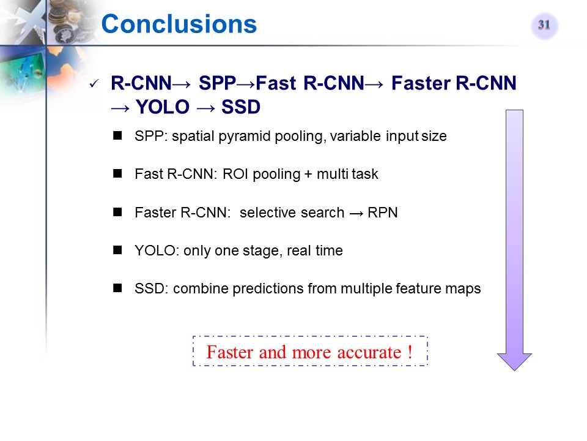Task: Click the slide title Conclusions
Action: [x=179, y=24]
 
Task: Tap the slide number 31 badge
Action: [x=544, y=25]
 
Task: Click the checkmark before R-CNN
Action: [x=94, y=84]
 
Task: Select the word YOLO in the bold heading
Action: [x=163, y=107]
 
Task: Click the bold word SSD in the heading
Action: [x=241, y=107]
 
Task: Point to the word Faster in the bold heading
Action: [x=421, y=83]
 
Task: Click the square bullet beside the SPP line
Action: [x=117, y=135]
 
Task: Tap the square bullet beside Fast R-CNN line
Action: [x=117, y=173]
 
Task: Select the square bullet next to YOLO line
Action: [x=117, y=250]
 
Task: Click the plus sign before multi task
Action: [x=308, y=175]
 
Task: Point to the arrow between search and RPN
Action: [x=356, y=213]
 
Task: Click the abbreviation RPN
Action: [x=383, y=213]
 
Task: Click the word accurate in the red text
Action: [x=369, y=353]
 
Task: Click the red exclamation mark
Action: [x=410, y=352]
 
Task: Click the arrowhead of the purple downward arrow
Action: [x=514, y=362]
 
